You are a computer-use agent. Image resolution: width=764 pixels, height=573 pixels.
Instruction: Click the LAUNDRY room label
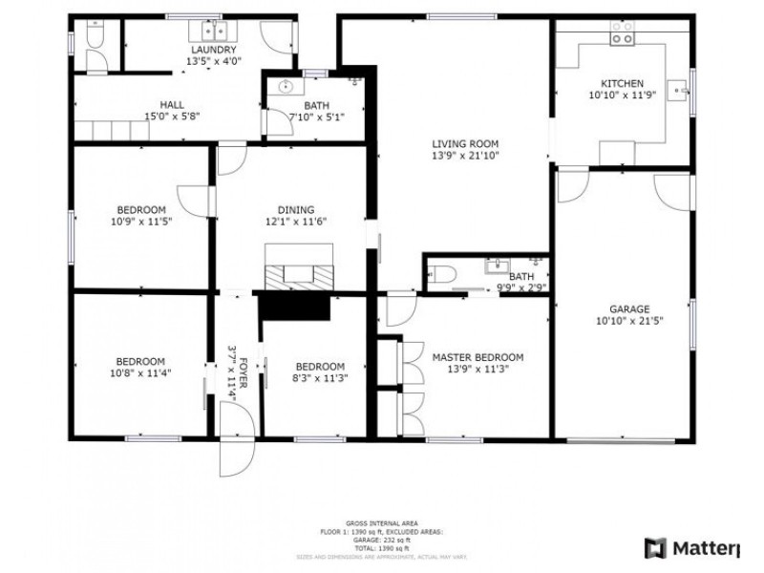(x=214, y=50)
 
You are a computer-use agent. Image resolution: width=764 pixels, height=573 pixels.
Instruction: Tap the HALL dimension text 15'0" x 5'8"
(x=172, y=117)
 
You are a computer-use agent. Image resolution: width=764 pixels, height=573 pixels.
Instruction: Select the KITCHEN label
(x=622, y=83)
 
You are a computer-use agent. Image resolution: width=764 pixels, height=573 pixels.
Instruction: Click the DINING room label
(x=289, y=210)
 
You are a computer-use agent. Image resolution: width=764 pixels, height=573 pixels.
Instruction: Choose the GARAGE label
(x=629, y=308)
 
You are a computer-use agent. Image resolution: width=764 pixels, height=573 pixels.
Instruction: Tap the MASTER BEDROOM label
(x=477, y=357)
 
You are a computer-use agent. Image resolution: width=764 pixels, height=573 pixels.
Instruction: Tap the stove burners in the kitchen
(x=622, y=38)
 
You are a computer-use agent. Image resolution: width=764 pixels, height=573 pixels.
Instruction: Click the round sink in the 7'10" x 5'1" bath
(x=285, y=87)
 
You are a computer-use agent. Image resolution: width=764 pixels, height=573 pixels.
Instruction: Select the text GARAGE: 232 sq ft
(x=382, y=540)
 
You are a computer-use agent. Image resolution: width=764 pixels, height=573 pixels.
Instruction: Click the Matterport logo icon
(x=655, y=548)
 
